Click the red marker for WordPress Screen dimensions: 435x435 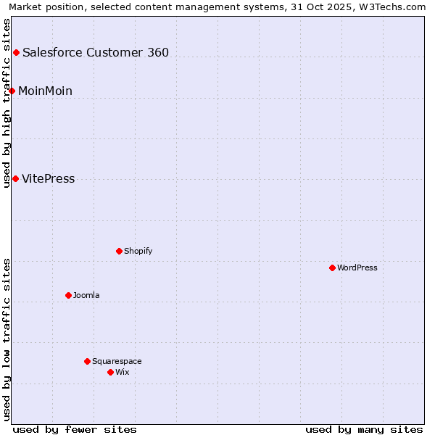click(x=332, y=268)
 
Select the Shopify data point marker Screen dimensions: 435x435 click(x=119, y=251)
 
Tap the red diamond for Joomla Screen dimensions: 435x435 click(x=68, y=295)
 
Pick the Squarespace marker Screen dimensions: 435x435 click(x=87, y=361)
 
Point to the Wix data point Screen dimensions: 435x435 click(x=110, y=372)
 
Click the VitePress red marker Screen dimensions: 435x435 click(x=15, y=178)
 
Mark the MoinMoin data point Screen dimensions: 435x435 click(x=12, y=91)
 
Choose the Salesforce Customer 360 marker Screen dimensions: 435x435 click(x=16, y=52)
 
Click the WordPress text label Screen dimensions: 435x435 click(x=357, y=268)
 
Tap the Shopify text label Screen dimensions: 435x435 click(x=138, y=251)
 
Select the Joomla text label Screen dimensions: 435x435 click(x=86, y=295)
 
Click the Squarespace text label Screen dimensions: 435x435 click(x=117, y=361)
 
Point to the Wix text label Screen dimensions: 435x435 click(x=123, y=372)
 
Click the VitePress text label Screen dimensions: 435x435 click(x=49, y=179)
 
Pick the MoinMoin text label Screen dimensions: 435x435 click(x=45, y=91)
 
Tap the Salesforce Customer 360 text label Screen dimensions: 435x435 click(x=96, y=52)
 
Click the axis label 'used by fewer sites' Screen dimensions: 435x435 click(x=75, y=429)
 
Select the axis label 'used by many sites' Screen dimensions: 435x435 click(x=364, y=429)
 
